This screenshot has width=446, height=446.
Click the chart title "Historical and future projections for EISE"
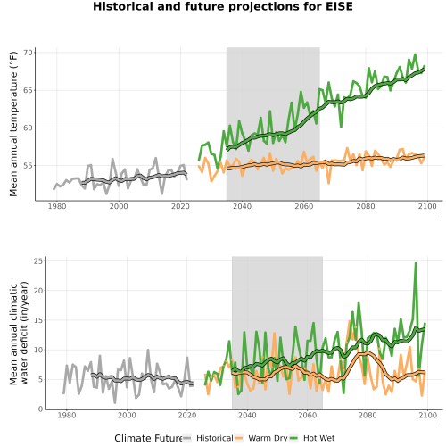pyautogui.click(x=223, y=6)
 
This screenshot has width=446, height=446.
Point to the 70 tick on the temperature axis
pyautogui.click(x=28, y=53)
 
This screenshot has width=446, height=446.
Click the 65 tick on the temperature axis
pyautogui.click(x=28, y=90)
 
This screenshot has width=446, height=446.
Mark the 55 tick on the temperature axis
pyautogui.click(x=28, y=166)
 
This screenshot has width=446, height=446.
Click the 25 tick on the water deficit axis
pyautogui.click(x=38, y=261)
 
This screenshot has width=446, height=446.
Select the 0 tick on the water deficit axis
pyautogui.click(x=40, y=409)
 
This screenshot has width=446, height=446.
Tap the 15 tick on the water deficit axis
pyautogui.click(x=38, y=320)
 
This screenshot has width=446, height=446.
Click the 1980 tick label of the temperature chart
pyautogui.click(x=57, y=206)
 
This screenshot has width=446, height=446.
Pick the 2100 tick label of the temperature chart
pyautogui.click(x=427, y=206)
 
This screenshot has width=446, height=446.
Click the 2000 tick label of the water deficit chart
pyautogui.click(x=127, y=415)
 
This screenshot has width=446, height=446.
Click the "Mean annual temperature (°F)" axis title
pyautogui.click(x=13, y=124)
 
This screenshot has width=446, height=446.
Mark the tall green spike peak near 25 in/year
pyautogui.click(x=416, y=263)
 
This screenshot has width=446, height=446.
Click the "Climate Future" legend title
pyautogui.click(x=148, y=438)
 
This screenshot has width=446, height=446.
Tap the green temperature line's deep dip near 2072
pyautogui.click(x=341, y=127)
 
